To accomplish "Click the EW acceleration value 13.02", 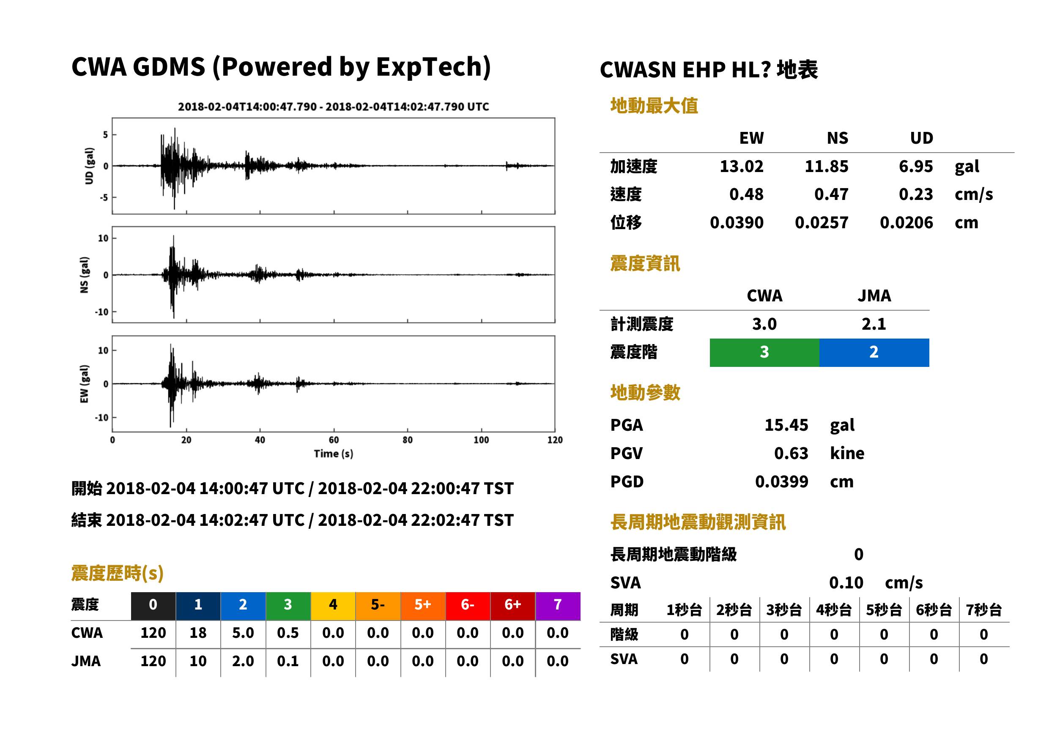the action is pyautogui.click(x=741, y=166).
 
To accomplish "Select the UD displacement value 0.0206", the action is pyautogui.click(x=906, y=222).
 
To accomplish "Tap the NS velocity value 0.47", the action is pyautogui.click(x=831, y=194).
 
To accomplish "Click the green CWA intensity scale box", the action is pyautogui.click(x=764, y=353).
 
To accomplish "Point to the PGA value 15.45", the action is pyautogui.click(x=786, y=425).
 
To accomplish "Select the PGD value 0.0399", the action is pyautogui.click(x=781, y=481).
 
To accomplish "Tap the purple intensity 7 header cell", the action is pyautogui.click(x=558, y=606).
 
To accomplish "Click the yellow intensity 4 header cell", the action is pyautogui.click(x=333, y=606).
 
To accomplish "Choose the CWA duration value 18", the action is pyautogui.click(x=198, y=633).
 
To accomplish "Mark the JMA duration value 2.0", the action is pyautogui.click(x=243, y=661).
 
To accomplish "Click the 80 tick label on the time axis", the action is pyautogui.click(x=407, y=440).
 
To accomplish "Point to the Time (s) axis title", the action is pyautogui.click(x=334, y=454).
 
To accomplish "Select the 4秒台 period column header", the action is pyautogui.click(x=833, y=610).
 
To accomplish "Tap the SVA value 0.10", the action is pyautogui.click(x=846, y=582).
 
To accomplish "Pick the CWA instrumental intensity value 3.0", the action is pyautogui.click(x=764, y=324).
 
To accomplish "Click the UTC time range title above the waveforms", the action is pyautogui.click(x=334, y=107).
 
